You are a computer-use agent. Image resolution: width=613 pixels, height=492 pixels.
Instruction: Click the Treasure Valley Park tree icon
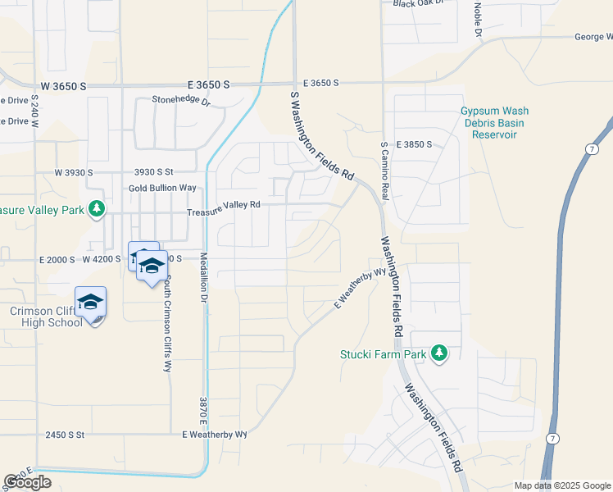(97, 209)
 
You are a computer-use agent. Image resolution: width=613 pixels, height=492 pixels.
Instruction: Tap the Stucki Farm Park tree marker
(440, 353)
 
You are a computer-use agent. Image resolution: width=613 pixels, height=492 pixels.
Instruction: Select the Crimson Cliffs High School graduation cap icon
(90, 303)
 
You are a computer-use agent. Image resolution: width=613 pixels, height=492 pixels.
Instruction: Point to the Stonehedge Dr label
(181, 102)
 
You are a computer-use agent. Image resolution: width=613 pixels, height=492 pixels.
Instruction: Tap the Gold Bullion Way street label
(162, 188)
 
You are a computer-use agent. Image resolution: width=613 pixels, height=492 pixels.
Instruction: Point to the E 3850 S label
(414, 144)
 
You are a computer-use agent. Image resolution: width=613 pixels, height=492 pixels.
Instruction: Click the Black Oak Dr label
(417, 3)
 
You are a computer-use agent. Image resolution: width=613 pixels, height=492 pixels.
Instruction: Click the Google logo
(27, 482)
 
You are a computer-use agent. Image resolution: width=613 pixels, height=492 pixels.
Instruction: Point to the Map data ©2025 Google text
(562, 485)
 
